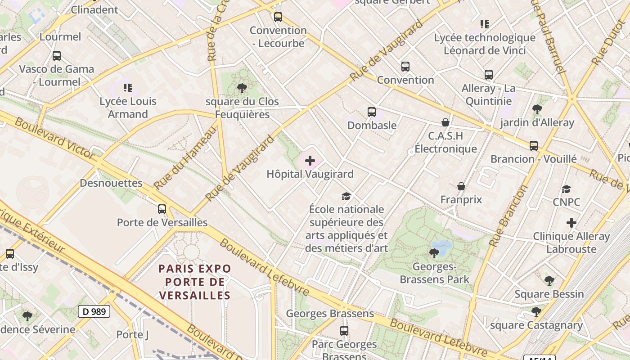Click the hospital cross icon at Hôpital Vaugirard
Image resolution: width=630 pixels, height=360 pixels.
(x=310, y=161)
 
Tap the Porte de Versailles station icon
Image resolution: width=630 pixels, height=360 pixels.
(x=162, y=209)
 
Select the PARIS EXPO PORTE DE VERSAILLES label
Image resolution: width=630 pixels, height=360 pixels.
(x=195, y=282)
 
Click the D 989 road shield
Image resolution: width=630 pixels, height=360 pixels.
(x=94, y=311)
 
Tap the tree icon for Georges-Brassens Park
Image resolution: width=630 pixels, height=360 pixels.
(x=434, y=253)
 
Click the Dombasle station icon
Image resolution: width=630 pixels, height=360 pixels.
(x=371, y=112)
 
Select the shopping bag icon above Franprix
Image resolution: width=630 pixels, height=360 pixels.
(x=461, y=186)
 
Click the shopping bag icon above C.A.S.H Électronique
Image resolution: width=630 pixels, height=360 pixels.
(x=445, y=122)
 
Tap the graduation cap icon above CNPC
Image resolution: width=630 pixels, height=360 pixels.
(x=566, y=189)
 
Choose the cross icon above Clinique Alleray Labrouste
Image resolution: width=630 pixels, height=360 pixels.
(x=571, y=223)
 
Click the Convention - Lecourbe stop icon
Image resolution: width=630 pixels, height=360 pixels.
(x=278, y=17)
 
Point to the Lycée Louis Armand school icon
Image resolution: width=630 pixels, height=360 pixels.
(x=128, y=88)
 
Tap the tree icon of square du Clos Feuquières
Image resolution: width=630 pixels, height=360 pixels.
(x=242, y=88)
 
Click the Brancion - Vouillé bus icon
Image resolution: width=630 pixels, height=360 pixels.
(x=533, y=146)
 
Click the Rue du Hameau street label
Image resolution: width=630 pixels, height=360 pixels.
(x=184, y=158)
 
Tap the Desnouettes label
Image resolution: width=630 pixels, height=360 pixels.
(x=111, y=183)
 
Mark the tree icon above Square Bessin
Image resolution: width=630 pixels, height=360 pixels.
(x=549, y=281)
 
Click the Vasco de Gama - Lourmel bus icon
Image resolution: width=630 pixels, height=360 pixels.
(x=57, y=56)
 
